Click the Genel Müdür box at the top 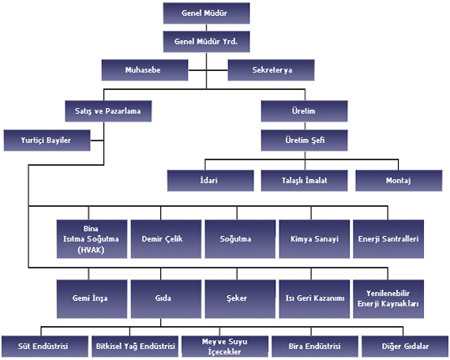click(206, 13)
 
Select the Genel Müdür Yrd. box click(206, 42)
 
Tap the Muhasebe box click(145, 70)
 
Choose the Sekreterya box click(272, 70)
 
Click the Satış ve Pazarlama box click(108, 111)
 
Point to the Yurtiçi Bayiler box click(47, 141)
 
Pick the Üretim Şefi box click(304, 141)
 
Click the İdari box click(210, 181)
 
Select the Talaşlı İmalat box click(304, 181)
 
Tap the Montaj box click(399, 181)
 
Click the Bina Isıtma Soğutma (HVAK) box click(92, 239)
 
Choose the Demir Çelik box click(166, 239)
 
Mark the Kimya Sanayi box click(314, 239)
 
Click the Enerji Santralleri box click(388, 239)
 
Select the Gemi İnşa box click(92, 299)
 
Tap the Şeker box click(240, 299)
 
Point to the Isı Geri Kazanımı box click(314, 299)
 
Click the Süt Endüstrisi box click(45, 347)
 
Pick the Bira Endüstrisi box click(315, 347)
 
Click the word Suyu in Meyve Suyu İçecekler click(238, 342)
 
